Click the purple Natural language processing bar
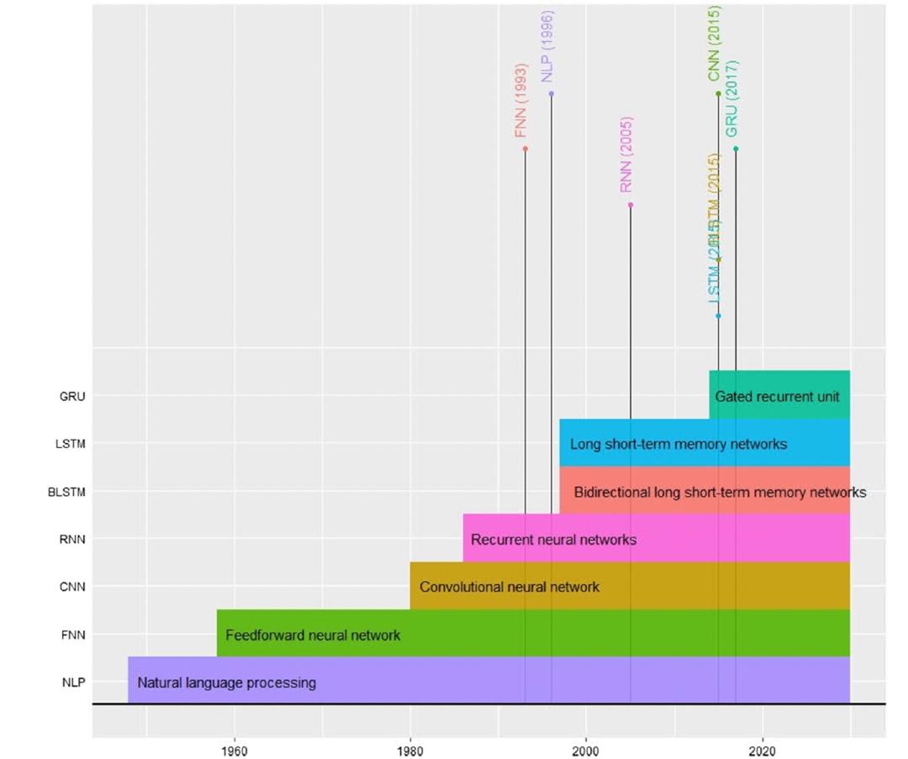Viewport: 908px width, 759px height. tap(488, 681)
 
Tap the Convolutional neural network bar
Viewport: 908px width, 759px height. tap(630, 586)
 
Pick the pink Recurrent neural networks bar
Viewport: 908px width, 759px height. tap(656, 539)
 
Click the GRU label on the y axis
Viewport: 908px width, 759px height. tap(72, 396)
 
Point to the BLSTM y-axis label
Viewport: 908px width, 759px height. tap(66, 492)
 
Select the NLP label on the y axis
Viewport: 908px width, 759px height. tap(73, 683)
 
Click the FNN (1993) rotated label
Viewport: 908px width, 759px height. tap(521, 101)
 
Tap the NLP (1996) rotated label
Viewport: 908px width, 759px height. tap(547, 46)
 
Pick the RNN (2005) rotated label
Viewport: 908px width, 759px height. tap(626, 155)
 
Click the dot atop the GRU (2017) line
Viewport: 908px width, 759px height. tap(736, 149)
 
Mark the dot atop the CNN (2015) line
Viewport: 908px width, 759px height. tap(718, 93)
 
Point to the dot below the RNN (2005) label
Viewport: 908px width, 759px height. tap(631, 204)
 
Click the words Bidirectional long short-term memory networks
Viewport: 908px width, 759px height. tap(720, 492)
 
